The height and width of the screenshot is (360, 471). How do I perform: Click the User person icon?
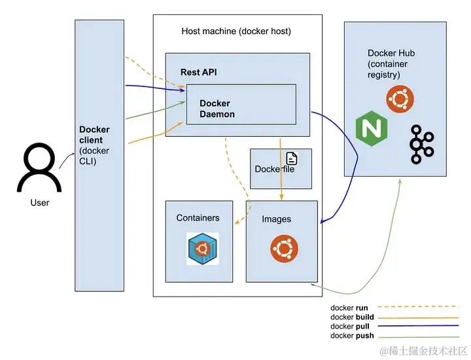coord(39,168)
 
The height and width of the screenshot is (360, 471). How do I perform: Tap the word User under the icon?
coord(40,202)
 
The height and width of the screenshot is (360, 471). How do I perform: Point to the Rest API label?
coord(198,71)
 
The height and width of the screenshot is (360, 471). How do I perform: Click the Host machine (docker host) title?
coord(235,31)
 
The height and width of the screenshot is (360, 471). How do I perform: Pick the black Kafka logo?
coord(421,143)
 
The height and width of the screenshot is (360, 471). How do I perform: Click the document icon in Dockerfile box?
coord(291,158)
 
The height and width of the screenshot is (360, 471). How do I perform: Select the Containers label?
coord(198,217)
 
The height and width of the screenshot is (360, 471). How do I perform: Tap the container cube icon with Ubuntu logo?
coord(202,248)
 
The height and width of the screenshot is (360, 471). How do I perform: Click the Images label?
coord(276,219)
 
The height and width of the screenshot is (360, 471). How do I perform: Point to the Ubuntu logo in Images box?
coord(285,249)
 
